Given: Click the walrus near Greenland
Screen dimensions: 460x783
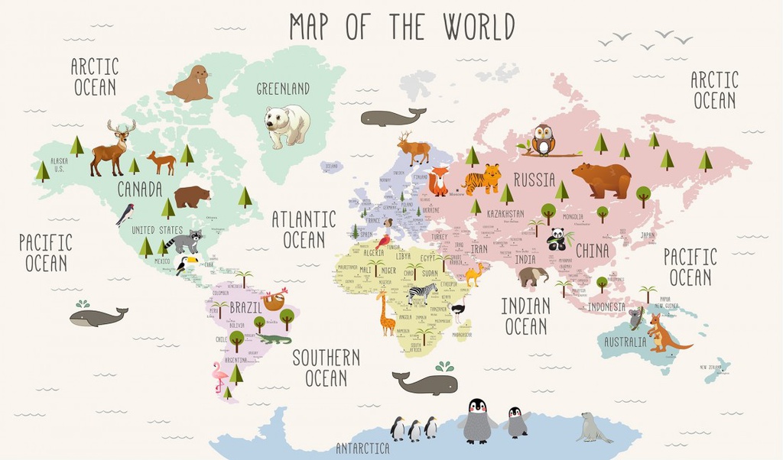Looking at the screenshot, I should [190, 85].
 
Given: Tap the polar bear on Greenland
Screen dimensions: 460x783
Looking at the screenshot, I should [287, 125].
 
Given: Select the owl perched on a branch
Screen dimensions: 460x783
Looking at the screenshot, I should [543, 140].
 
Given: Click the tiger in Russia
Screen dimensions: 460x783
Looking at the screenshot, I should [482, 180].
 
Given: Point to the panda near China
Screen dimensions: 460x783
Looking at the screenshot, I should [557, 240].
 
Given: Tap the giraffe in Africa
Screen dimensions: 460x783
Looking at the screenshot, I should [386, 313].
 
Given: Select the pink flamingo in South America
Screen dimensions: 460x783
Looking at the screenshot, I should [219, 377].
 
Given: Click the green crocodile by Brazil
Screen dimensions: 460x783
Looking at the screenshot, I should [273, 338].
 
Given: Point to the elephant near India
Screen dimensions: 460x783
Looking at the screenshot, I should [532, 276].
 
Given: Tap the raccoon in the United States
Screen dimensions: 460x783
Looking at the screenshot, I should [184, 241].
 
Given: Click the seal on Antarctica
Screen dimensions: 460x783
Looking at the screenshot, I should [593, 428].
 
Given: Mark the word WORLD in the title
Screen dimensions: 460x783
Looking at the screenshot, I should [470, 27].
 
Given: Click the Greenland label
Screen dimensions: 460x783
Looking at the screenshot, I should [283, 89].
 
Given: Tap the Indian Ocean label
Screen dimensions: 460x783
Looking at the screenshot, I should [525, 316].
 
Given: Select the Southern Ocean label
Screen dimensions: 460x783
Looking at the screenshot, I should [326, 368].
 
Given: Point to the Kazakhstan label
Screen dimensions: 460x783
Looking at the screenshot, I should [505, 214].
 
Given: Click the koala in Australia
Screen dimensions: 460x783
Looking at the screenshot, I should [636, 318].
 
